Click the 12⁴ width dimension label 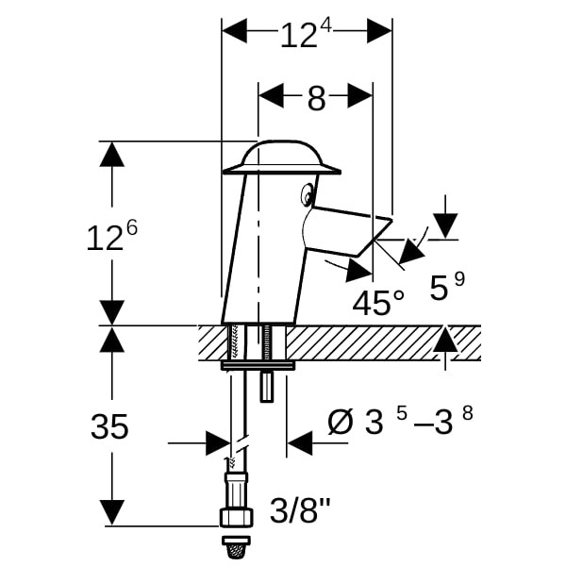[306, 35]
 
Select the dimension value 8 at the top [317, 98]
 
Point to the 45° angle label [378, 303]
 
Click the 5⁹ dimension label [447, 286]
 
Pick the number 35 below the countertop [109, 426]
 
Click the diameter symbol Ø [340, 423]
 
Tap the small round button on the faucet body [308, 195]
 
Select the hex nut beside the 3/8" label [237, 517]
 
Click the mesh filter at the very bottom [236, 549]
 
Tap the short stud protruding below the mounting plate [266, 387]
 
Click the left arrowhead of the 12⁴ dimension [234, 31]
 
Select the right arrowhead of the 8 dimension [360, 95]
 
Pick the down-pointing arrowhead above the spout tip [446, 225]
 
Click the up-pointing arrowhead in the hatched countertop [445, 339]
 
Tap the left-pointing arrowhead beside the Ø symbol [300, 443]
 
